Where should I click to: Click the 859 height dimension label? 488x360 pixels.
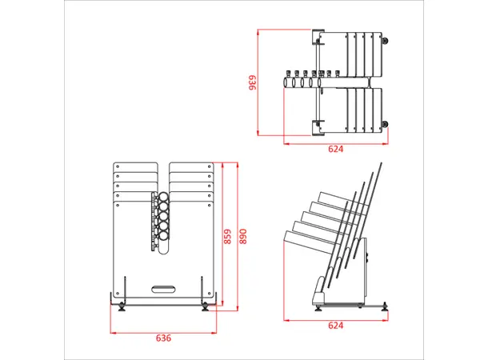(228, 238)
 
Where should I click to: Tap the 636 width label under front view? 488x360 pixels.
(163, 338)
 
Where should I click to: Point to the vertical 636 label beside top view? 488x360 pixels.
(251, 82)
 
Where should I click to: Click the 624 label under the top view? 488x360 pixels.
(336, 149)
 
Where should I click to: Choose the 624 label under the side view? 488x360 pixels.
(336, 326)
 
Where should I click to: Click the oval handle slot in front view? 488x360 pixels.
(163, 286)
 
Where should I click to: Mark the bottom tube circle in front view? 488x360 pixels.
(162, 245)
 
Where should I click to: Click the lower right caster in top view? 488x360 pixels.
(388, 123)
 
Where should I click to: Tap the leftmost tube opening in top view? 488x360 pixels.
(287, 81)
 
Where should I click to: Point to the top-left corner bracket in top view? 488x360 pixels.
(318, 36)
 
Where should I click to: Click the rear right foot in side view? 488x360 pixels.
(386, 305)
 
